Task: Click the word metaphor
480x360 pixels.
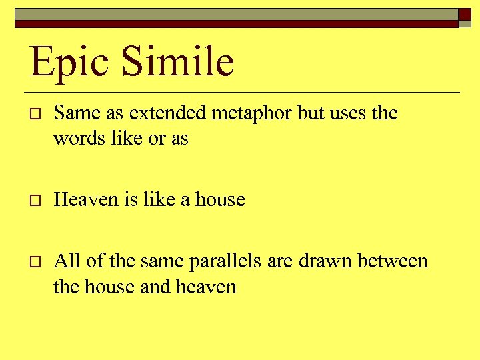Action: pyautogui.click(x=253, y=114)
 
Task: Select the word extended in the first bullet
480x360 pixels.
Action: pyautogui.click(x=169, y=113)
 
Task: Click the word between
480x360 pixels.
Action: pyautogui.click(x=393, y=261)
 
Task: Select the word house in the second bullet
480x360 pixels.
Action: pyautogui.click(x=220, y=199)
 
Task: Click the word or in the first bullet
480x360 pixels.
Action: pyautogui.click(x=158, y=139)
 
